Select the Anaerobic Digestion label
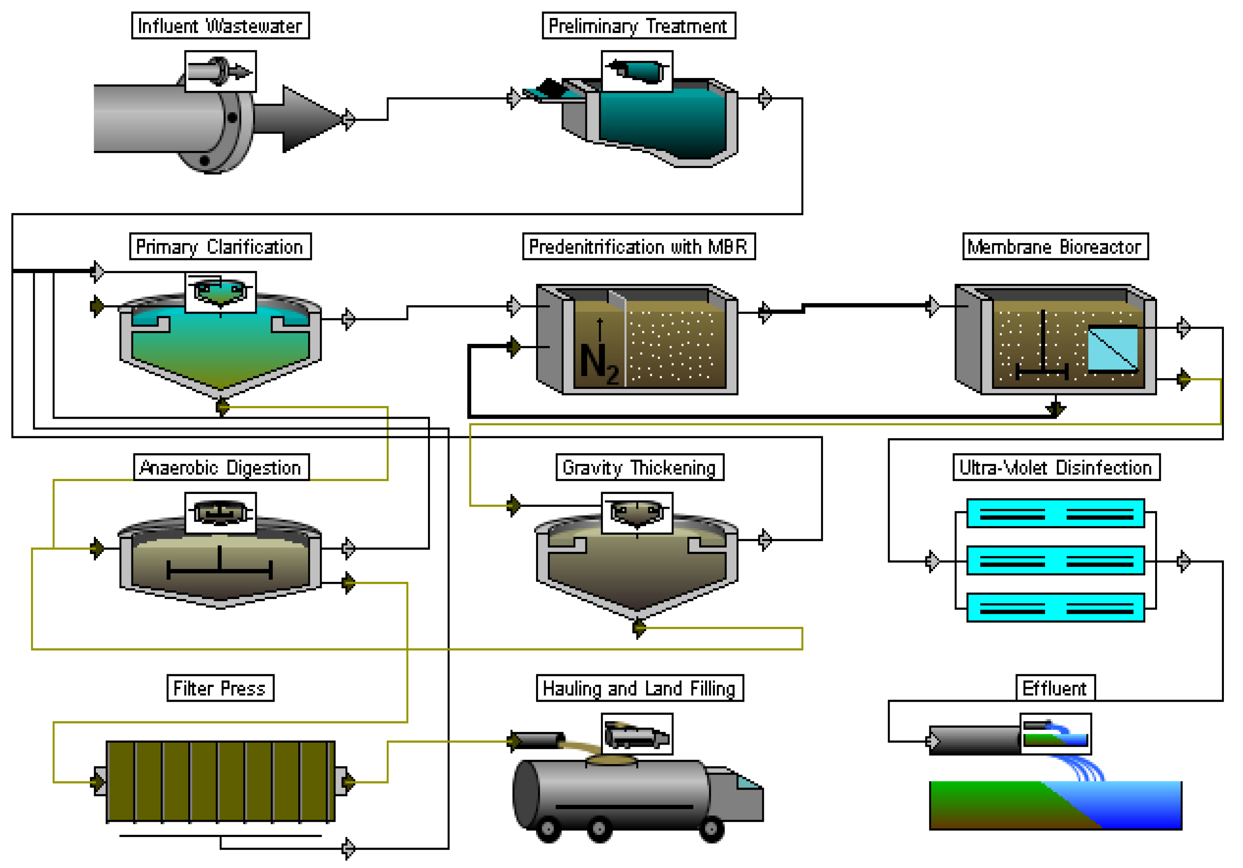click(221, 467)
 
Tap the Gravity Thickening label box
click(639, 467)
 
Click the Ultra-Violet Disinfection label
click(1056, 467)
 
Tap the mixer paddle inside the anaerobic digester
click(220, 568)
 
